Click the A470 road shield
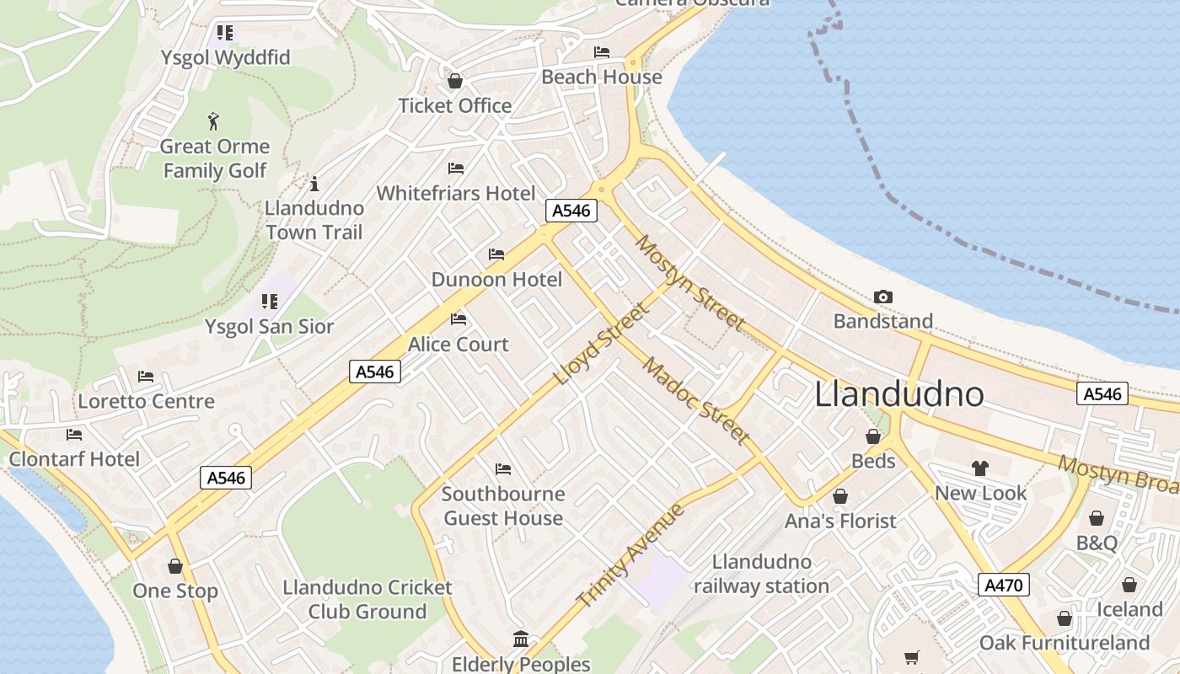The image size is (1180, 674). pos(1005,585)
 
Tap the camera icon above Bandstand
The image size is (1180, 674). pos(883,297)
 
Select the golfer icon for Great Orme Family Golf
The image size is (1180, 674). pos(214,121)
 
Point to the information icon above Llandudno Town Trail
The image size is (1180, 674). pos(314,184)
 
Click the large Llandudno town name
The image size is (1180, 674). pos(899,394)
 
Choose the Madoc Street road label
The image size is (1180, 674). pos(695,400)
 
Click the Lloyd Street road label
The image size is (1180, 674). pos(602,344)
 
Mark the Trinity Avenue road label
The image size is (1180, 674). pos(630,555)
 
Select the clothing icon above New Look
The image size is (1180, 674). pos(979,468)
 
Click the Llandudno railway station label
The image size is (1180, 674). pos(761,574)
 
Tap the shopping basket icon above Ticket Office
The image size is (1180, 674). pos(455,81)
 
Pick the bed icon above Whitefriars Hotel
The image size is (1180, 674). pos(456,168)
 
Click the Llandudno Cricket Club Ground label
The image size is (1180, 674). pos(367,599)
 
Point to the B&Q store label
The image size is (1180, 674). pos(1097,543)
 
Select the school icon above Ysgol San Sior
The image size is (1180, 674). pos(270,302)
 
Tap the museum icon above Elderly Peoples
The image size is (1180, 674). pos(521,639)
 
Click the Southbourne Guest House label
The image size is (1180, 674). pos(503,505)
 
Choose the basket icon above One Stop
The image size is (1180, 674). pos(175,566)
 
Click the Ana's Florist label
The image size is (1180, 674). pos(840,521)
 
